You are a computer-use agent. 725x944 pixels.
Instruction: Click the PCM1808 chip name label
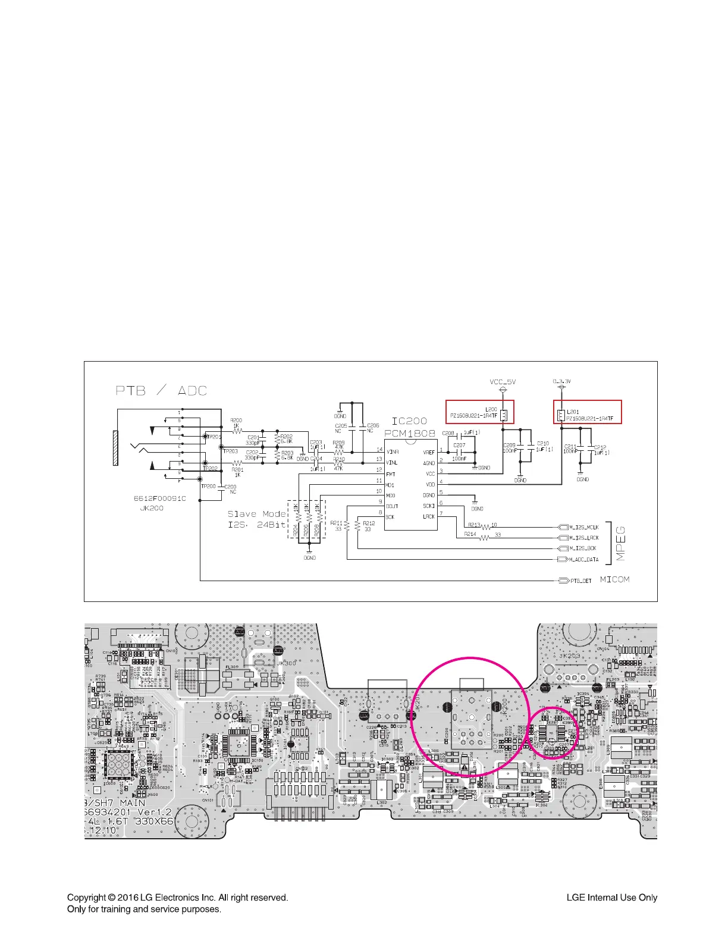click(x=410, y=434)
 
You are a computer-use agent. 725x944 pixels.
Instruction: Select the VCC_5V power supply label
click(x=503, y=382)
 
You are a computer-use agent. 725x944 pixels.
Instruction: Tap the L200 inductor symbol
click(x=504, y=415)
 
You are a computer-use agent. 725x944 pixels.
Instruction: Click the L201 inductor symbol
click(x=561, y=415)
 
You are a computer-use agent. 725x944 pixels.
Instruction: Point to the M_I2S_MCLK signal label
click(x=584, y=527)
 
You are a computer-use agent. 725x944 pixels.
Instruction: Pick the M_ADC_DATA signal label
click(x=583, y=559)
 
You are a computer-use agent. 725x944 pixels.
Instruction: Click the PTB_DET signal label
click(x=581, y=581)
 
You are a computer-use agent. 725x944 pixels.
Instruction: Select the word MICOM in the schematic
click(x=614, y=579)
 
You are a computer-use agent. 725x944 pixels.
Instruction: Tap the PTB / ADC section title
click(x=161, y=391)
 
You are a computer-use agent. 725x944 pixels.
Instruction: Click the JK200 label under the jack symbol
click(x=152, y=509)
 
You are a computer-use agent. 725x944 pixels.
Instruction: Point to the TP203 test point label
click(x=230, y=451)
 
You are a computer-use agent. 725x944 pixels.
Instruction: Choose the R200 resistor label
click(x=236, y=421)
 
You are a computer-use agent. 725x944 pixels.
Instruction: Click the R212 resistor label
click(x=369, y=523)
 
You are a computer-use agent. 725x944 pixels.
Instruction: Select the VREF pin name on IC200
click(x=428, y=452)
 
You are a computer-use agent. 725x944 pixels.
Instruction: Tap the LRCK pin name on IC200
click(x=428, y=516)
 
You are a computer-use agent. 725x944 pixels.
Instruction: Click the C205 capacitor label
click(x=341, y=426)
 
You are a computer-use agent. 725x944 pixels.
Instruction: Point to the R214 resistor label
click(x=470, y=534)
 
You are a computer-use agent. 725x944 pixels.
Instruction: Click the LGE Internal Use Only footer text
click(x=611, y=898)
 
